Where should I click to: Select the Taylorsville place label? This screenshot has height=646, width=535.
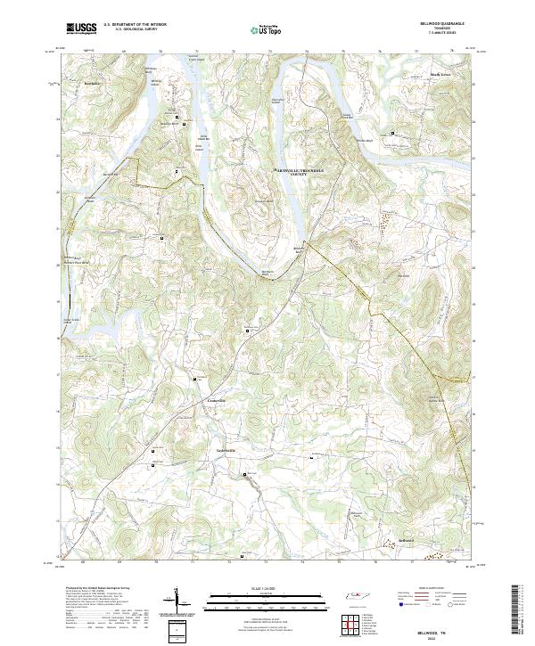pos(229,450)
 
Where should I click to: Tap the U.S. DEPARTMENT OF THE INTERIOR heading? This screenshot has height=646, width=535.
pos(134,25)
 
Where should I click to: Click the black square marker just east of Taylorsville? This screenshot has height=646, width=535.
pos(311,458)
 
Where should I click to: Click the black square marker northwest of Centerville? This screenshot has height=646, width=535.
pos(194,380)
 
